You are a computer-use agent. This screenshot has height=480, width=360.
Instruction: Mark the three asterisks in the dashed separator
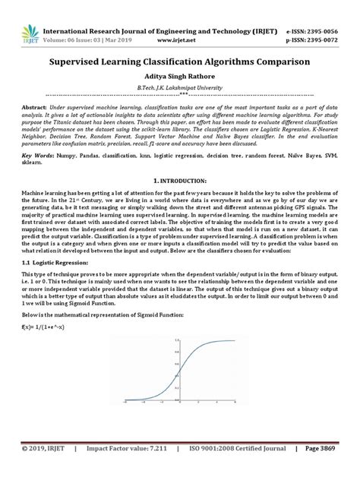tap(180, 96)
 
